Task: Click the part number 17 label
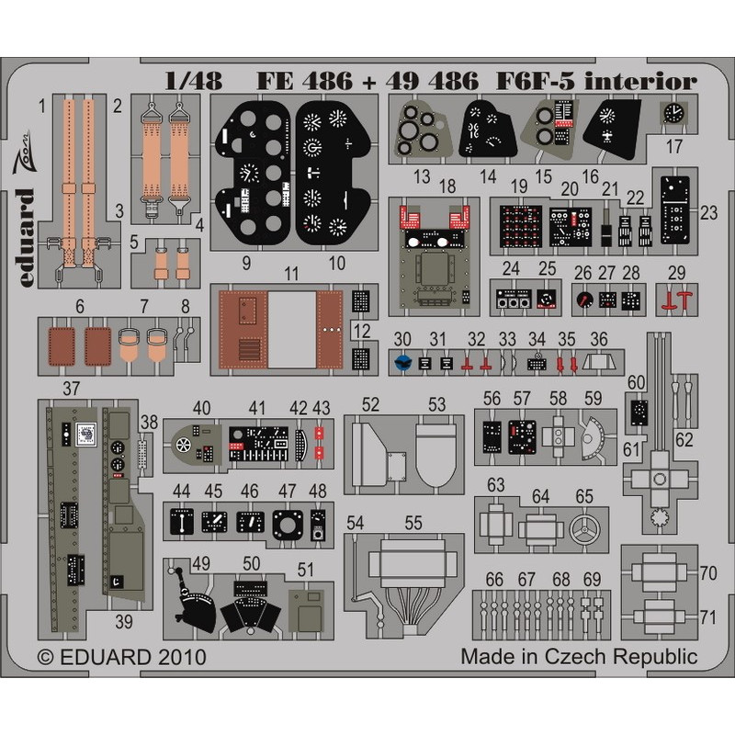click(674, 147)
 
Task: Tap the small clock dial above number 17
click(673, 113)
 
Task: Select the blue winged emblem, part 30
click(402, 362)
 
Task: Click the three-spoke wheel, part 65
click(584, 530)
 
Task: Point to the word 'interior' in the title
click(640, 82)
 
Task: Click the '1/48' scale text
click(194, 82)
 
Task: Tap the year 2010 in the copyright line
click(182, 657)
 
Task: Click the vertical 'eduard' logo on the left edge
click(27, 238)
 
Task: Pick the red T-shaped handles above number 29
click(676, 300)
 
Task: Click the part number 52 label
click(370, 404)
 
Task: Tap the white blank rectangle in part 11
click(292, 330)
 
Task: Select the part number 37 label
click(71, 389)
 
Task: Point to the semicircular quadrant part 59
click(593, 438)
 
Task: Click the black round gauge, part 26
click(584, 300)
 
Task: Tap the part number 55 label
click(413, 523)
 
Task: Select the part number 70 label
click(707, 572)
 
